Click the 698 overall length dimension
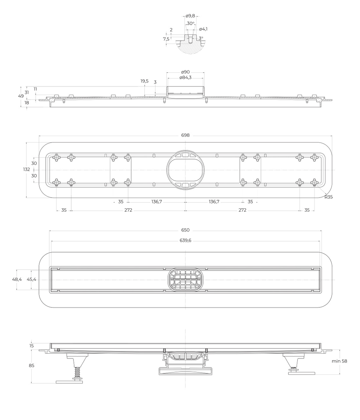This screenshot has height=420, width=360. click(x=185, y=135)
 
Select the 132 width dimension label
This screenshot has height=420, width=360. click(x=26, y=170)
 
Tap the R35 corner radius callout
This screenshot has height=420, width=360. click(x=328, y=197)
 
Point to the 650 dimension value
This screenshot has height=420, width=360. click(x=185, y=230)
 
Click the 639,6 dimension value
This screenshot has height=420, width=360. click(x=185, y=240)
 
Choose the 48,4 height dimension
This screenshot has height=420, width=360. click(x=17, y=279)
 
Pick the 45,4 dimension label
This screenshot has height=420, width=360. click(x=32, y=279)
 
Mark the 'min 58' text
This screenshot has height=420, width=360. click(x=339, y=361)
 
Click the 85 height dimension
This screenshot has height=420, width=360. click(x=32, y=365)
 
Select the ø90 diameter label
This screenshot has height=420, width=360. click(x=185, y=72)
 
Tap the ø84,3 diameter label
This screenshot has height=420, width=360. click(x=185, y=78)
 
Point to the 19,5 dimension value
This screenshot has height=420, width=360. click(x=144, y=81)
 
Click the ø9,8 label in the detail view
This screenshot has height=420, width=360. click(x=190, y=16)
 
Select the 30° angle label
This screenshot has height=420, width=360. click(x=190, y=23)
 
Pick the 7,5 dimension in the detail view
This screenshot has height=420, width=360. click(x=166, y=39)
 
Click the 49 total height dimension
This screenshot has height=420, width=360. click(x=21, y=96)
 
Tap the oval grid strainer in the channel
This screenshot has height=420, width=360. click(x=185, y=280)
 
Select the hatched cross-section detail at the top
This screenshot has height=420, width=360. click(x=190, y=46)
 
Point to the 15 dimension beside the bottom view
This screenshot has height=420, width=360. click(x=32, y=346)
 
